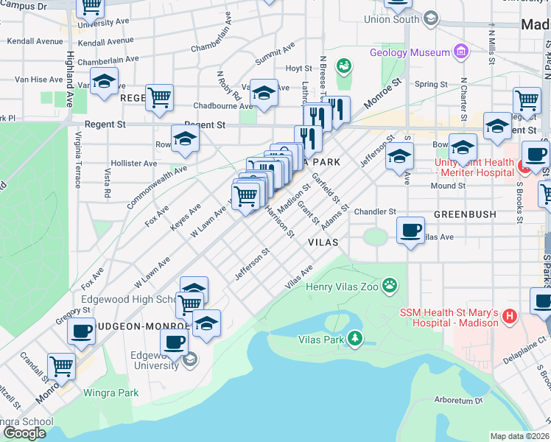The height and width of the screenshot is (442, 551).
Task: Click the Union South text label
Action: coord(392,19)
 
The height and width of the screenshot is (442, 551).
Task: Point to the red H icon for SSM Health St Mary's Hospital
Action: coord(508,318)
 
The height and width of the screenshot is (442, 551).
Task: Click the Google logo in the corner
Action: coord(24,432)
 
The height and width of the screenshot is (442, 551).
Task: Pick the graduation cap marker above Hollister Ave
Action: coord(185,138)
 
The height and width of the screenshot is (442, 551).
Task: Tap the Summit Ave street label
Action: coord(275,54)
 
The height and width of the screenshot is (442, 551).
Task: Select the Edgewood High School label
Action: coord(124,299)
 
